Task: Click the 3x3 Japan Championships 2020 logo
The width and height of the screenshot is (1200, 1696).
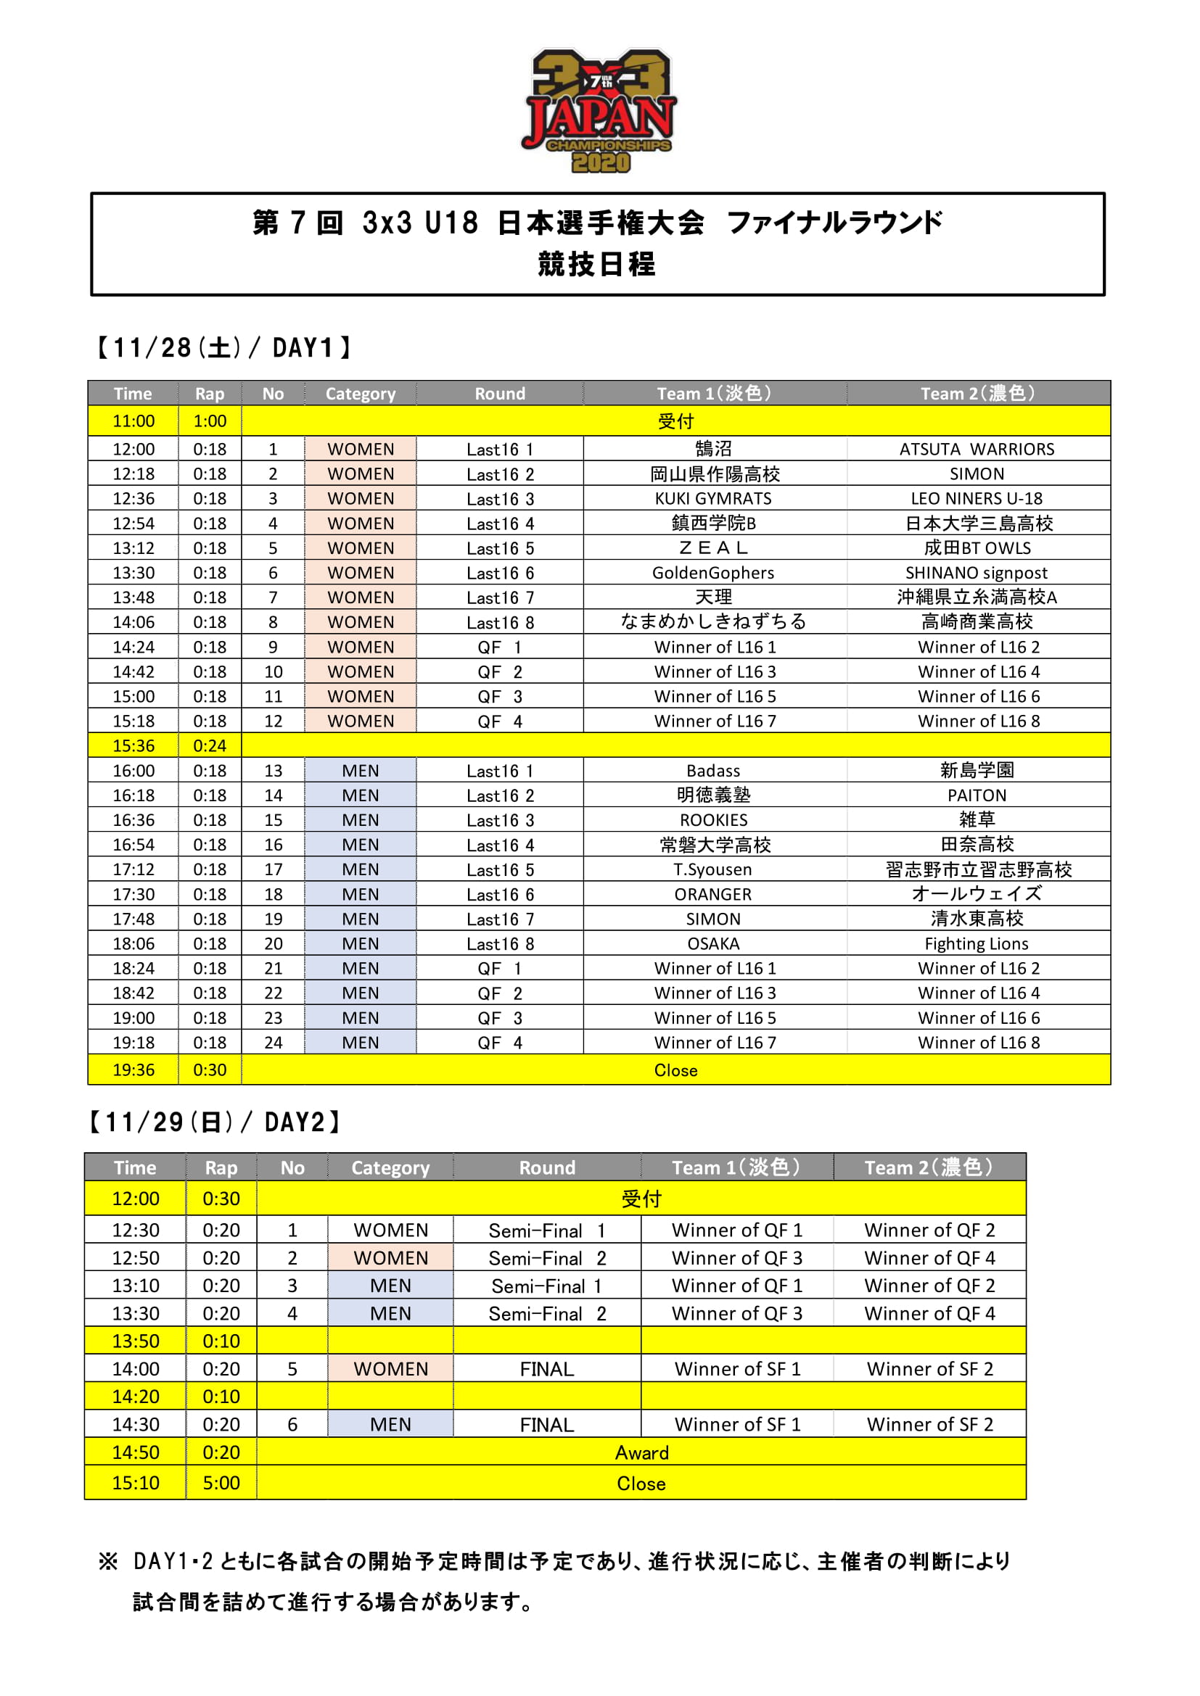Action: click(599, 111)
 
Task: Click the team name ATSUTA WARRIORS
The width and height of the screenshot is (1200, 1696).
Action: click(976, 449)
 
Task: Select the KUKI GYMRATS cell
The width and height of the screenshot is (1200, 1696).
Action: click(713, 499)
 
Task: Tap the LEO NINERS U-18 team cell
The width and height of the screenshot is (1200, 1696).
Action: click(976, 499)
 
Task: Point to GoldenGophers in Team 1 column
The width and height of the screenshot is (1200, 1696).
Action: click(713, 573)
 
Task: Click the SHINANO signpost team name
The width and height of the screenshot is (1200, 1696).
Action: click(976, 573)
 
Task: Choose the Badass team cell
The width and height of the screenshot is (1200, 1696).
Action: click(713, 771)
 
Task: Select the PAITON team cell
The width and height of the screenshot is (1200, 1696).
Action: click(976, 795)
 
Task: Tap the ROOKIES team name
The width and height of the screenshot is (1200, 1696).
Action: click(713, 820)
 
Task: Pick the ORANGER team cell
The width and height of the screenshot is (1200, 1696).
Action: click(713, 895)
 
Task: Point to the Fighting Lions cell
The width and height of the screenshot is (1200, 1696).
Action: click(976, 943)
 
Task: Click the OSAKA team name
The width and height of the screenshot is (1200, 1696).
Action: click(713, 943)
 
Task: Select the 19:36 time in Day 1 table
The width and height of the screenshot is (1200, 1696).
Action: click(133, 1070)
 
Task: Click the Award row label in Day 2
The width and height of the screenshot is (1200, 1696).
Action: click(641, 1452)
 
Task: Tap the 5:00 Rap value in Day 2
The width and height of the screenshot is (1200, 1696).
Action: click(221, 1483)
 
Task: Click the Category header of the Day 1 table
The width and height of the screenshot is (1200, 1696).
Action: click(361, 394)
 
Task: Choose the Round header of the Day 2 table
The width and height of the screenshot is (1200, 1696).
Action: click(547, 1167)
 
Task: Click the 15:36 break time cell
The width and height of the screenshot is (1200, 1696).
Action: click(133, 745)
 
